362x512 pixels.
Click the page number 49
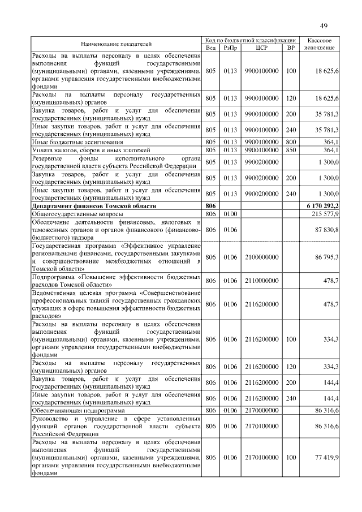(x=324, y=25)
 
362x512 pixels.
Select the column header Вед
(x=210, y=48)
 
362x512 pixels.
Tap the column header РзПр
(x=230, y=48)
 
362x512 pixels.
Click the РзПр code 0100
(x=230, y=216)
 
